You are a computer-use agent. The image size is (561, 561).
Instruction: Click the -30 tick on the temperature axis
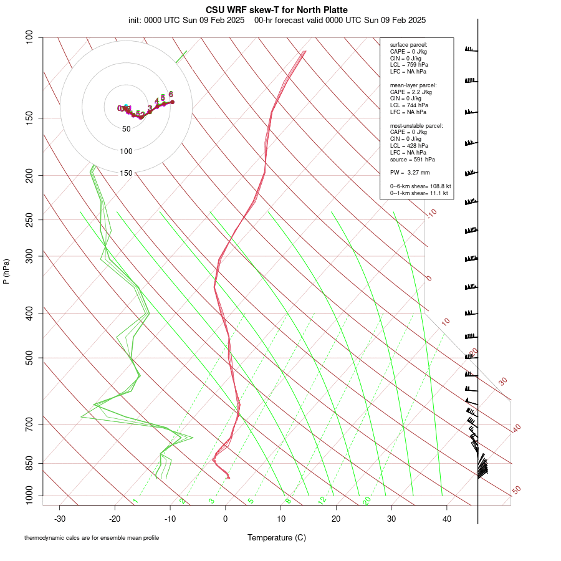60,519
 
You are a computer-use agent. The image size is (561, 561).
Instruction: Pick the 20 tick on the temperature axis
336,519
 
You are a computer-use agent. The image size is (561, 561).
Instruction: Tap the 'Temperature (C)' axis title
277,537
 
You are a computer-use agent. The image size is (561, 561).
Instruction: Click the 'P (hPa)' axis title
6,271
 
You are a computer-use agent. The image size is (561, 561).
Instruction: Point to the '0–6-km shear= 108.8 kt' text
420,186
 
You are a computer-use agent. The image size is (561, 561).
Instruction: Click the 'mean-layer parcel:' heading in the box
413,85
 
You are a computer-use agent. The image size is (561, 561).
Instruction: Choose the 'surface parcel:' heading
408,45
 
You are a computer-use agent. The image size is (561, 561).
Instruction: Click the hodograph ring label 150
126,173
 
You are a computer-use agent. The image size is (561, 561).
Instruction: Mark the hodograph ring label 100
126,151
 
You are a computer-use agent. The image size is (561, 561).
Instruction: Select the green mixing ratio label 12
322,500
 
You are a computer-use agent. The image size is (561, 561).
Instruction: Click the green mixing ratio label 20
367,500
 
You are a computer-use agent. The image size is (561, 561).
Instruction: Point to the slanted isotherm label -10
431,214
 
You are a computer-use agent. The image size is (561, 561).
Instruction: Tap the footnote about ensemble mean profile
96,537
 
